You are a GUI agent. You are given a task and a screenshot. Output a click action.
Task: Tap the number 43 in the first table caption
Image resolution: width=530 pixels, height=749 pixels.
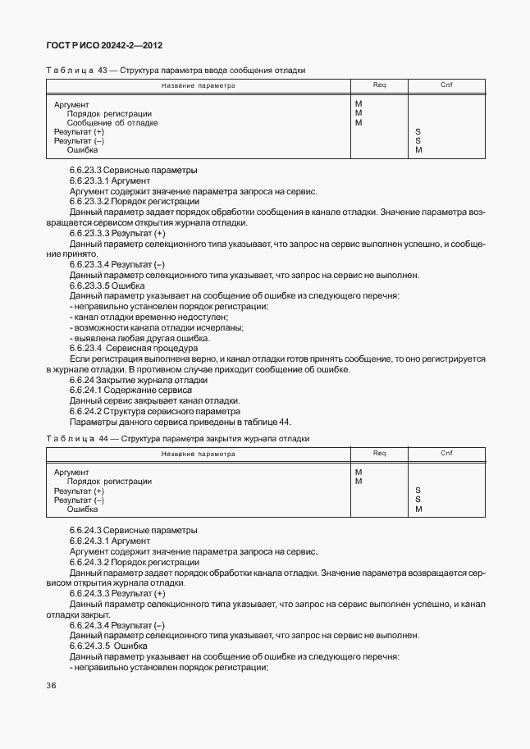[103, 71]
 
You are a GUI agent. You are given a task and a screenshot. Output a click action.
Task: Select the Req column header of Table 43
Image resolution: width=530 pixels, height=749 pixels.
[380, 84]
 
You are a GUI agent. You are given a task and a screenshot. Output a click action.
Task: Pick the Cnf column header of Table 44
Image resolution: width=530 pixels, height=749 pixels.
[446, 453]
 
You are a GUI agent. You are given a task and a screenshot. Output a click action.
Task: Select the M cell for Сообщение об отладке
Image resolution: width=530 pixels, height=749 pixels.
[359, 123]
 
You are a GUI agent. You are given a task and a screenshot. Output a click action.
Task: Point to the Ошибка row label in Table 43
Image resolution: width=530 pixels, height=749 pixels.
[82, 150]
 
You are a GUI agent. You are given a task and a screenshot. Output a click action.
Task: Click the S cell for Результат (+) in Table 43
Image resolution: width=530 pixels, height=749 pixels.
[418, 132]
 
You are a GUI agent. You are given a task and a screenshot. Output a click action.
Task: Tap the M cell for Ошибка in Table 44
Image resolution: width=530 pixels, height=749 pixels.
[418, 509]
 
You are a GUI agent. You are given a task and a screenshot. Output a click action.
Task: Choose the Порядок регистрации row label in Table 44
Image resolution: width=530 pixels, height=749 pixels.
[109, 482]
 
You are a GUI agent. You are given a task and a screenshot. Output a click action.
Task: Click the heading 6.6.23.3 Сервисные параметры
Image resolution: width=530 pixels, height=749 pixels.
[133, 171]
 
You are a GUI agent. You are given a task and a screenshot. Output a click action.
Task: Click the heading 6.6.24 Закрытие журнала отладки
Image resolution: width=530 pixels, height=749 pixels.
[139, 381]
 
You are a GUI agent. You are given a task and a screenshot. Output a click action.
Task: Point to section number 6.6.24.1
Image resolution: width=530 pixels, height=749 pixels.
[88, 390]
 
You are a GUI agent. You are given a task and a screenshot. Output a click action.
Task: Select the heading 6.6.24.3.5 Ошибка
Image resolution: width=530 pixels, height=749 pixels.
[108, 646]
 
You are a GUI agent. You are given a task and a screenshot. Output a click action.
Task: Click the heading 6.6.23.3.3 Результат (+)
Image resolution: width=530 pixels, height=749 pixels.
[117, 234]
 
